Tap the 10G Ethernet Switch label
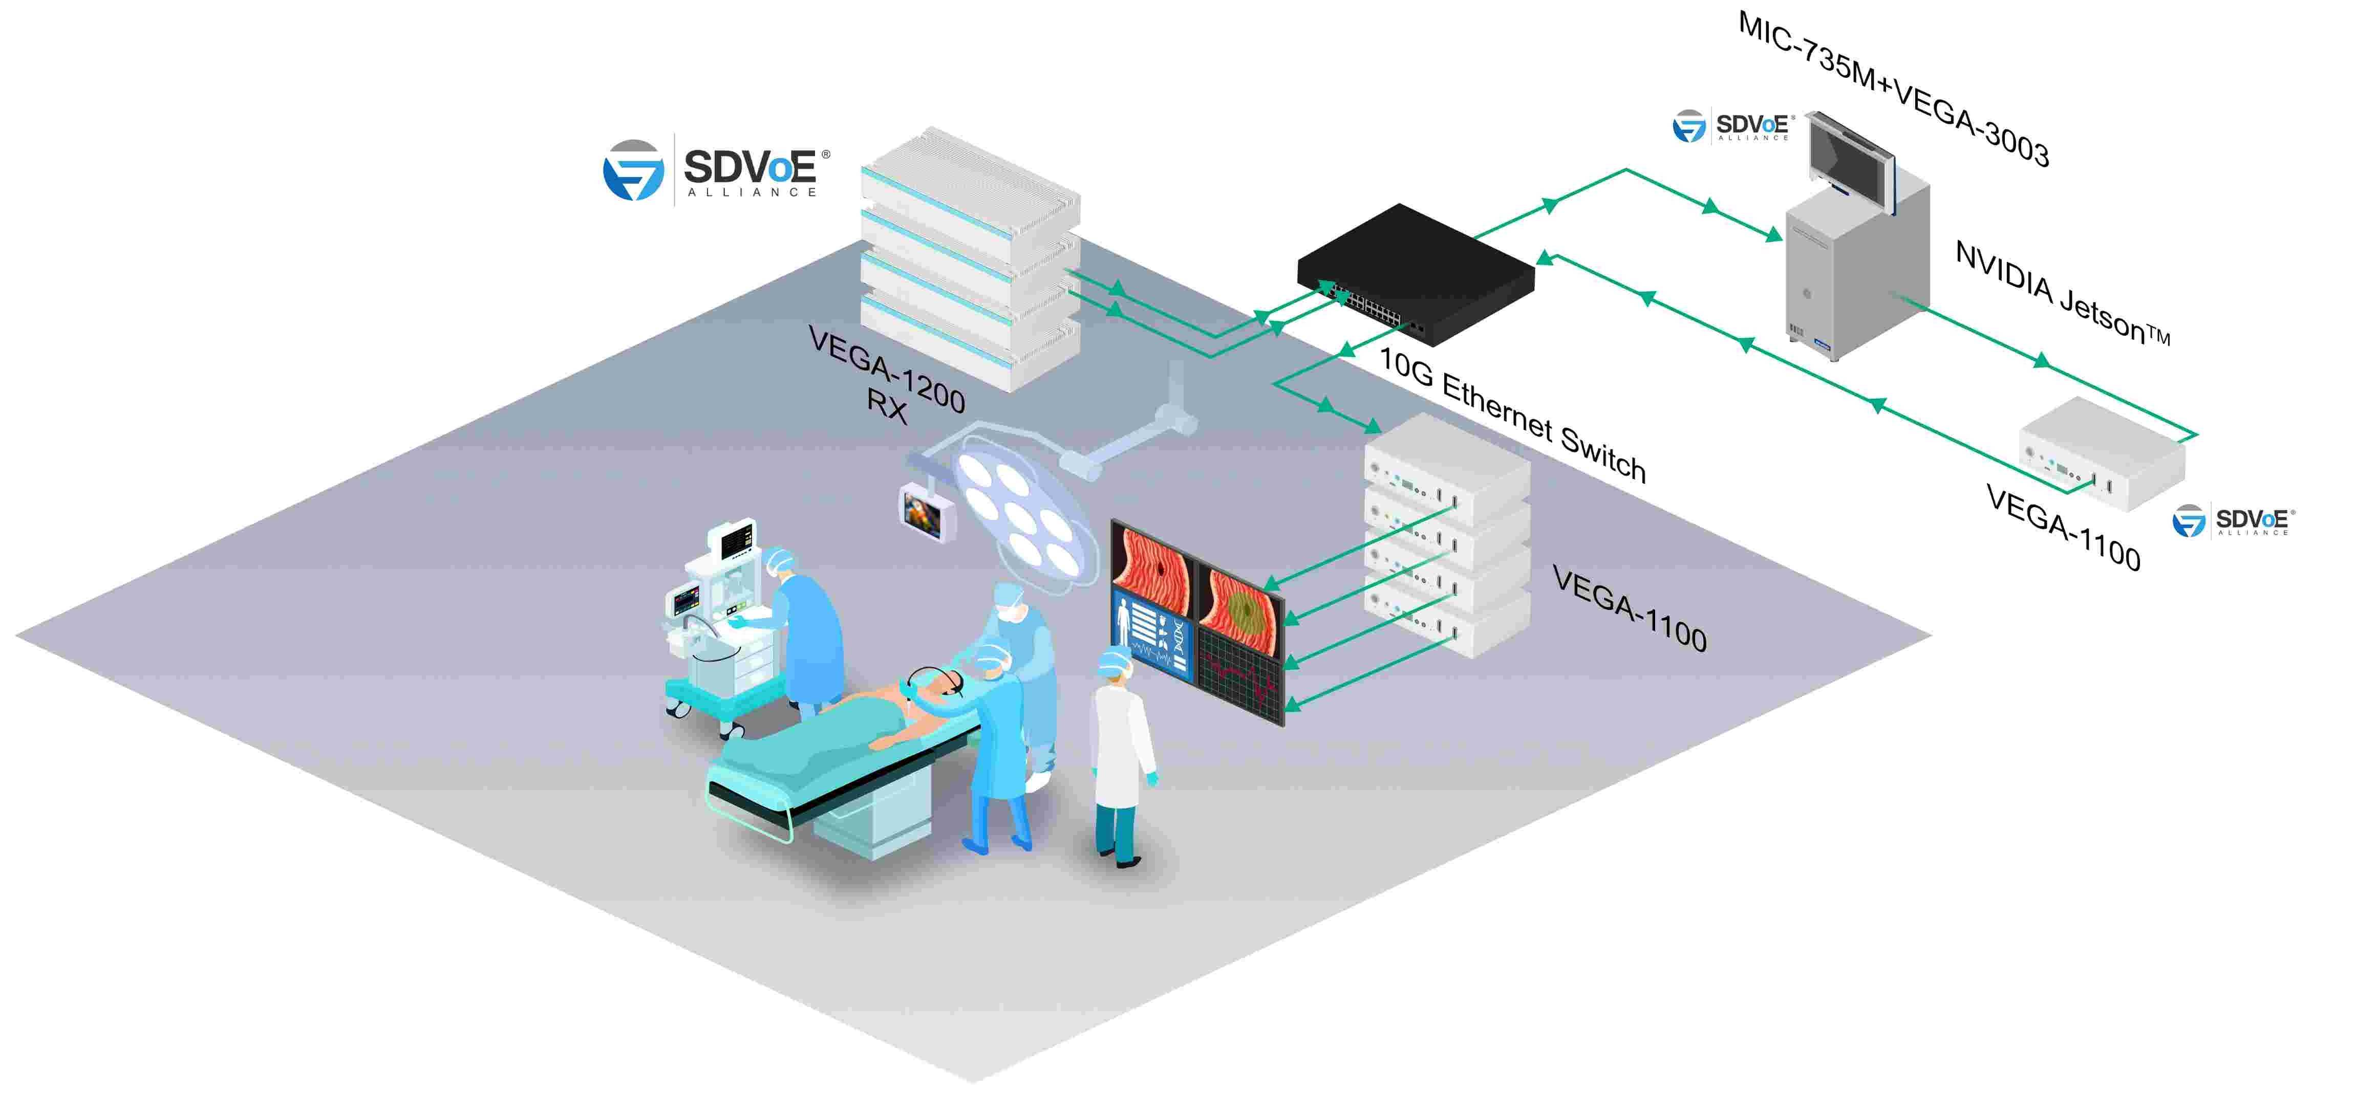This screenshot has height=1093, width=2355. point(1512,416)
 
